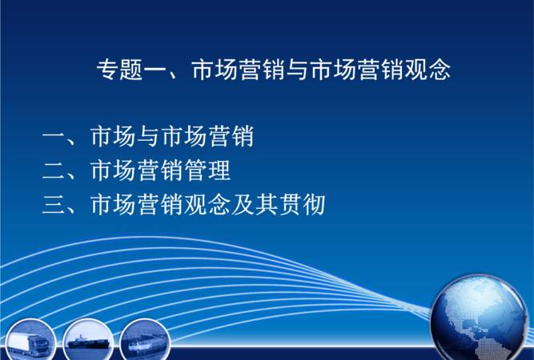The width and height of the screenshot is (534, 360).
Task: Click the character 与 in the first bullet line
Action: (x=148, y=138)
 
